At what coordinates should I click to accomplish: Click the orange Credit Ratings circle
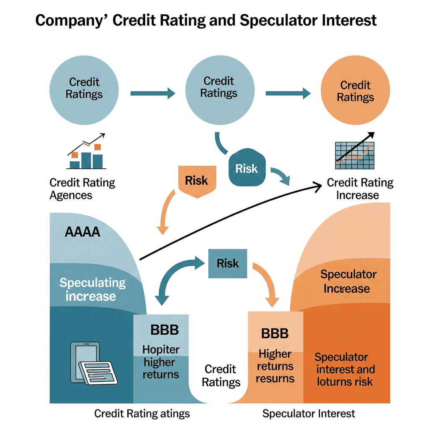(x=355, y=90)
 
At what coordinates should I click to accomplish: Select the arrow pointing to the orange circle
(x=288, y=94)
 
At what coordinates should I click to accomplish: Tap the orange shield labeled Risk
(x=197, y=181)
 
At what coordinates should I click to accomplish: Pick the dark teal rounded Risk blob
(x=247, y=168)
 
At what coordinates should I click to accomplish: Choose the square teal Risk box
(x=228, y=264)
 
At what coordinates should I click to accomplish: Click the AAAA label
(x=82, y=232)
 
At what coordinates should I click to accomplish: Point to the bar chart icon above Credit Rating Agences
(x=86, y=151)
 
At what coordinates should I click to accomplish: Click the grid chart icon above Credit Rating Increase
(x=355, y=151)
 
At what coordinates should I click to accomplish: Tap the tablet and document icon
(x=94, y=363)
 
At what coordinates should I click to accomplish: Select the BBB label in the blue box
(x=165, y=330)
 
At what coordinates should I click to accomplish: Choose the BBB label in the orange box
(x=275, y=334)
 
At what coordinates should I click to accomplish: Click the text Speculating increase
(x=92, y=290)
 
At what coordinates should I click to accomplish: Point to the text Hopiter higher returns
(x=161, y=362)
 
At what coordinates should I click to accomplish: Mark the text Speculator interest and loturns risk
(x=345, y=370)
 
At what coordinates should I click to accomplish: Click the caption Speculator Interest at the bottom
(x=309, y=414)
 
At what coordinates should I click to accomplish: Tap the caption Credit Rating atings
(x=142, y=414)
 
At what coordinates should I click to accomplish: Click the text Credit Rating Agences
(x=82, y=189)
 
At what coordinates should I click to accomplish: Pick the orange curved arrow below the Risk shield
(x=166, y=212)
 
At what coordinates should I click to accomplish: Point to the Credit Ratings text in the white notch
(x=221, y=376)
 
